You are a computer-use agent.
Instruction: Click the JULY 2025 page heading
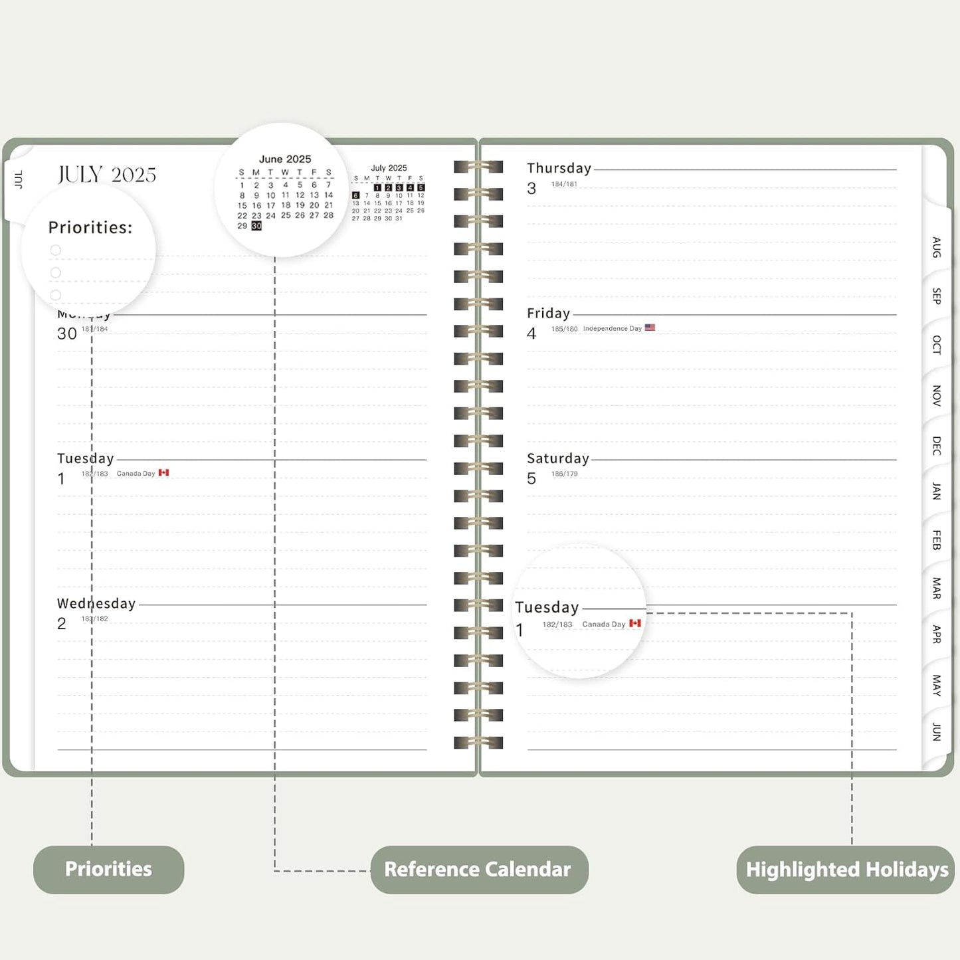coord(107,175)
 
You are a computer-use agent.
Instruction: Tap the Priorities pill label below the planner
coord(108,869)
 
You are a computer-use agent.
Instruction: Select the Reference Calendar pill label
coord(478,869)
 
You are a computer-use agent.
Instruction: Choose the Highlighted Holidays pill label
coord(846,869)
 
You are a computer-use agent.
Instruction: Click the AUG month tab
coord(936,247)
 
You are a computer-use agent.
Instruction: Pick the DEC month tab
coord(936,445)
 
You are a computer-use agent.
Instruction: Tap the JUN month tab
coord(936,731)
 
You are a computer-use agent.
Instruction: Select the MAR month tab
coord(936,588)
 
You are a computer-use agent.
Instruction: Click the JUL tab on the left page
coord(19,179)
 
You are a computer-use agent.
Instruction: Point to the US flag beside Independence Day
coord(650,328)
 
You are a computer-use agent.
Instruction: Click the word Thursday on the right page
coord(559,169)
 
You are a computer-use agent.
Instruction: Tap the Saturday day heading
coord(558,458)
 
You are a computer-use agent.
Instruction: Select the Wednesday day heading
coord(96,603)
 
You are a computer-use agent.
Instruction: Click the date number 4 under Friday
coord(531,334)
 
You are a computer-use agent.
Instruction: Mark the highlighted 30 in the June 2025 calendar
coord(256,226)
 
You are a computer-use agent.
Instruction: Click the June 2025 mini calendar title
coord(285,159)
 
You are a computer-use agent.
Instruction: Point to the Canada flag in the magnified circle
coord(635,623)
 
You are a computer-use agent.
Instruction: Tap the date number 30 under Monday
coord(67,334)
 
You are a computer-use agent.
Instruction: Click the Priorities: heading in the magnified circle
coord(90,228)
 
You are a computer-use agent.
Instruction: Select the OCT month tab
coord(936,345)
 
